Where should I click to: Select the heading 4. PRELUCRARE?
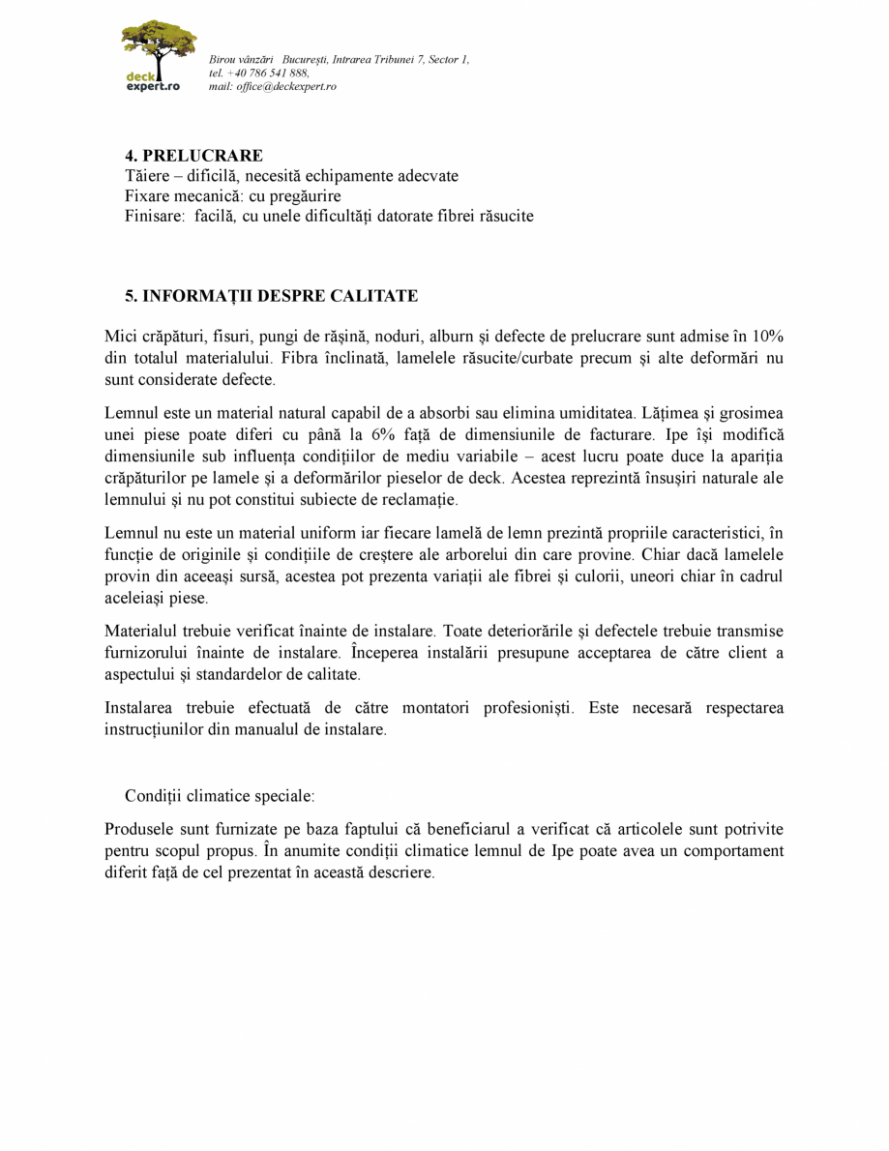click(193, 156)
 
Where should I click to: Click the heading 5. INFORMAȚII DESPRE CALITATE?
click(271, 295)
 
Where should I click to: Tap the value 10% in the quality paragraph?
click(767, 337)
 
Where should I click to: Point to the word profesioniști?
click(522, 708)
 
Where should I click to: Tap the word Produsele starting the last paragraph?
click(140, 830)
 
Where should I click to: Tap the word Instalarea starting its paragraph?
click(140, 708)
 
